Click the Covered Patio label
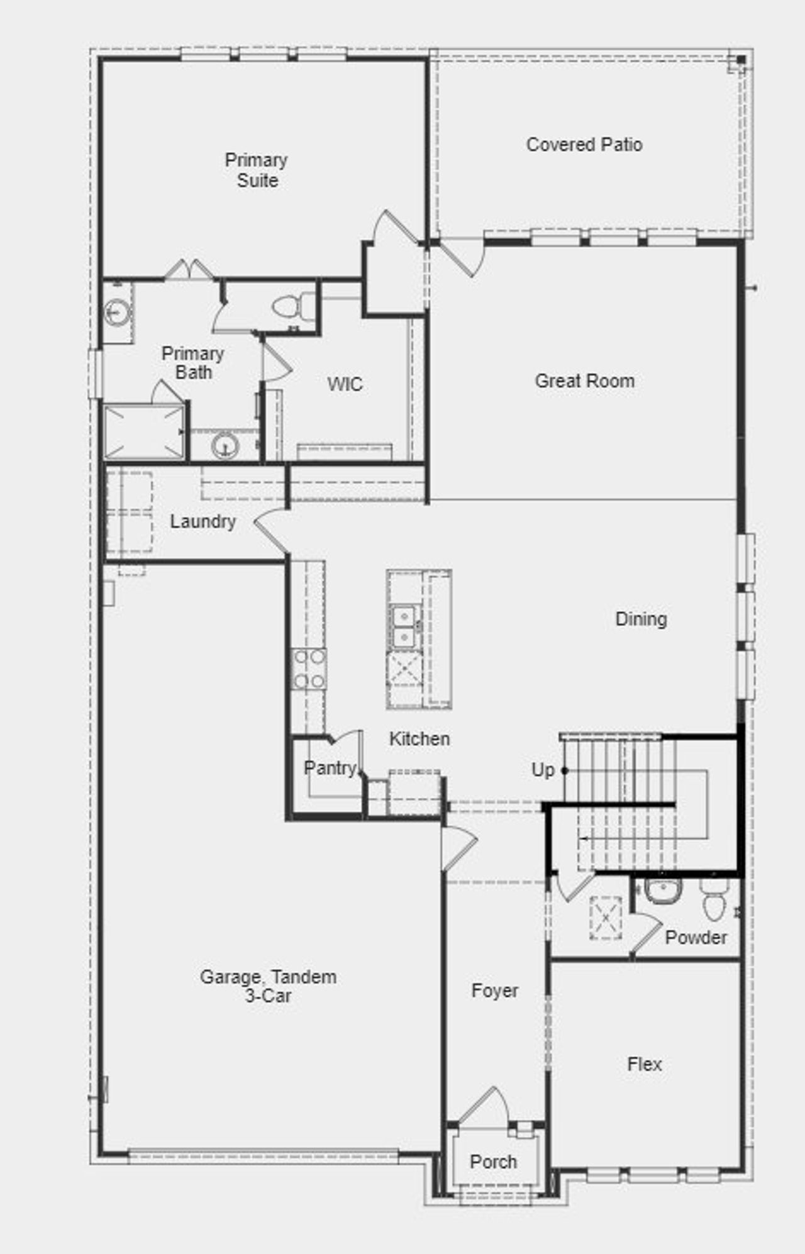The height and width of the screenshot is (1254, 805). pos(584,145)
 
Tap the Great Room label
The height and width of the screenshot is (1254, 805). pos(585,380)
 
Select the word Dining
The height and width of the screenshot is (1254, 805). pos(641,619)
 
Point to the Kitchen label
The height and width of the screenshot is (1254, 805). pos(419,739)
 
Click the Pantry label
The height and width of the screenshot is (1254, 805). pos(330,768)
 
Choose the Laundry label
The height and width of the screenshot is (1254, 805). pos(203,521)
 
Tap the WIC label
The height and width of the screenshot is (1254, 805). pos(345,384)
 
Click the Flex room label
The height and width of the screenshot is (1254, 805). pos(645,1064)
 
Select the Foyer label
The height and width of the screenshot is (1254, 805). pos(495,990)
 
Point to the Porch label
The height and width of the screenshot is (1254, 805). pos(494,1162)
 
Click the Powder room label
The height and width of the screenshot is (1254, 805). pos(696,937)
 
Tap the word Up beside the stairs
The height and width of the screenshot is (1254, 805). pos(543,770)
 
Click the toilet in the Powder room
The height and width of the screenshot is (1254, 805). pos(714,900)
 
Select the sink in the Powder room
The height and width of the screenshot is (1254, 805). pos(663,891)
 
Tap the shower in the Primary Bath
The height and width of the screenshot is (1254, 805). pos(144,432)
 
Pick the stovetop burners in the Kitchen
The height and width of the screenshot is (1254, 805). pos(309,669)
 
